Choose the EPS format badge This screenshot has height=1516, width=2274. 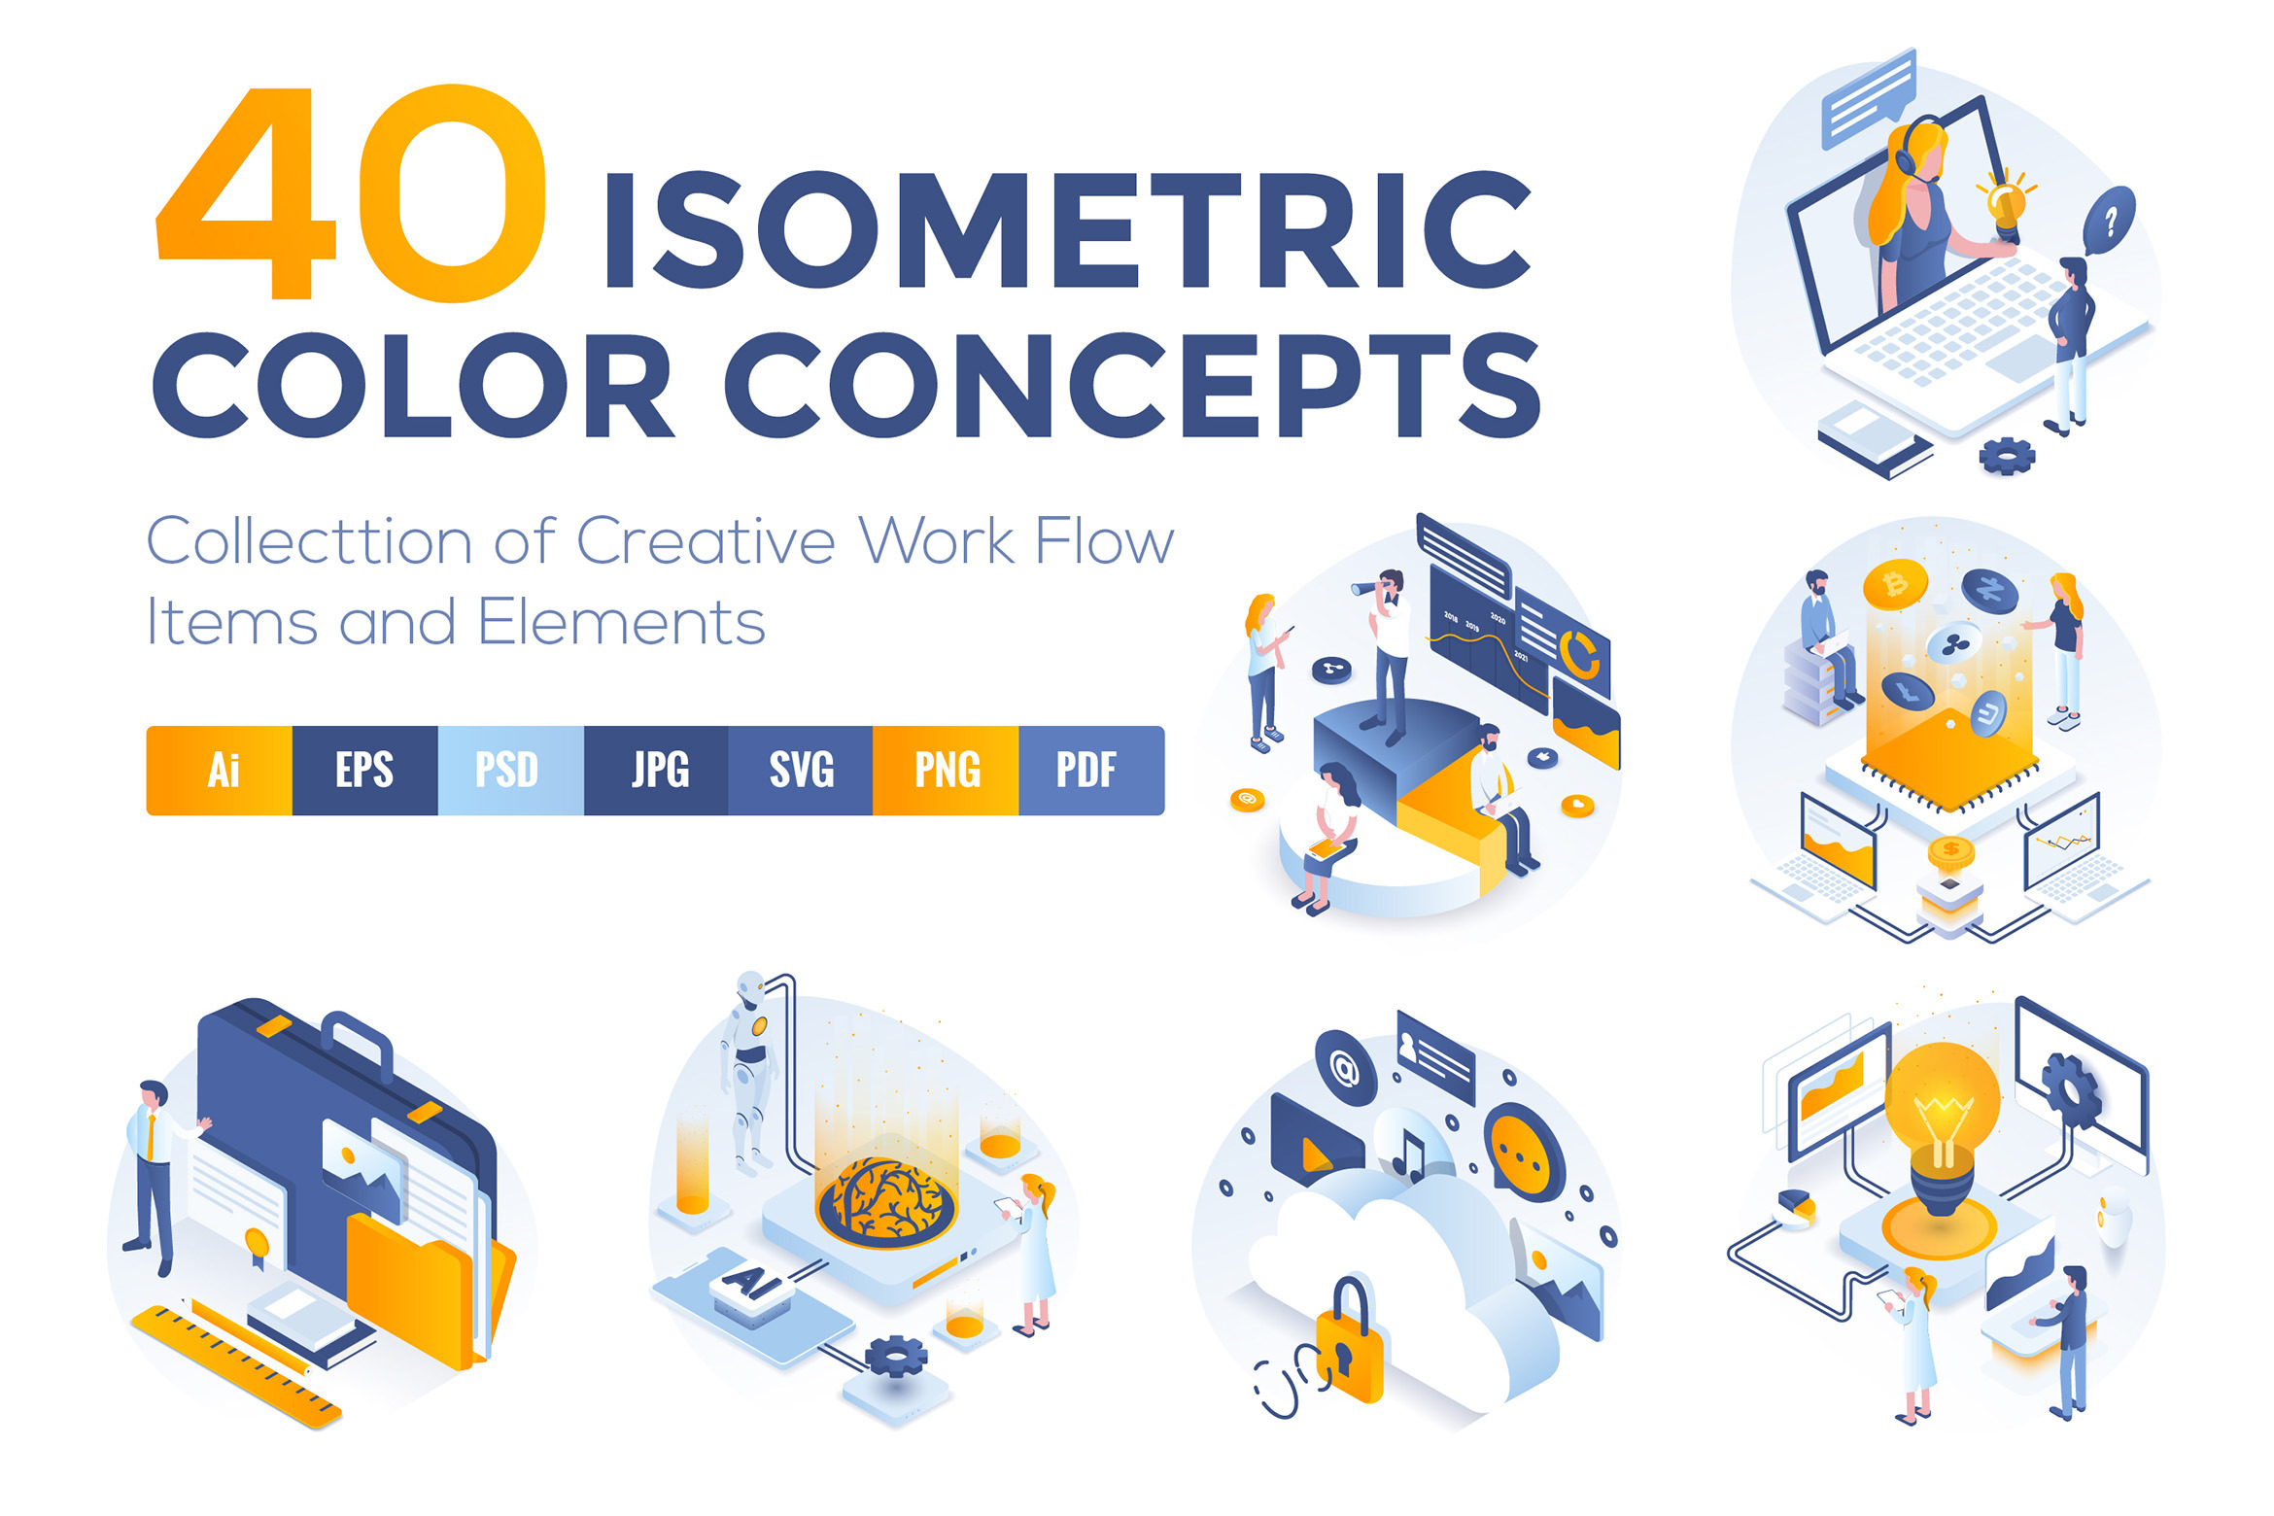tap(364, 771)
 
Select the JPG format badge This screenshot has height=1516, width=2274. tap(659, 771)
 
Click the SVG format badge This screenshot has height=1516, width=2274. tap(801, 771)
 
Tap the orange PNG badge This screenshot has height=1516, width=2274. tap(946, 771)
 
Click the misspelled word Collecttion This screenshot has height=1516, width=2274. tap(308, 541)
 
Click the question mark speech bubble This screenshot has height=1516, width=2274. tap(2109, 221)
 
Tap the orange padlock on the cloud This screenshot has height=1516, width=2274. tap(1349, 1346)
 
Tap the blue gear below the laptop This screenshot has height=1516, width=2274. tap(2006, 454)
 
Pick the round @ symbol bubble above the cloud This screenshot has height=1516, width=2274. tap(1345, 1069)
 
